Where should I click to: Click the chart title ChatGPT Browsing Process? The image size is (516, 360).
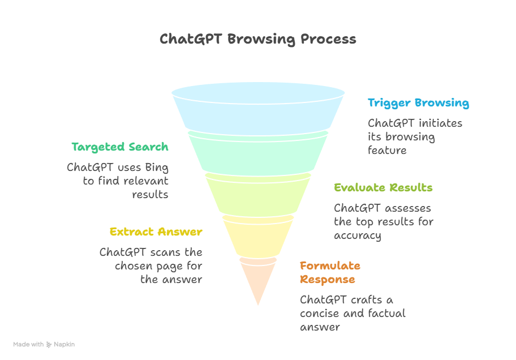point(258,39)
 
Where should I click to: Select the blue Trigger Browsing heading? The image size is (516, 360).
point(418,103)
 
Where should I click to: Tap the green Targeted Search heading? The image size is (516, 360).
point(120,147)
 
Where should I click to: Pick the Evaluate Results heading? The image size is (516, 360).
point(383,188)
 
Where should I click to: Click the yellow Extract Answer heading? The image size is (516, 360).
point(156,232)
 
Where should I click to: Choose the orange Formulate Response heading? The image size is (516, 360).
point(330,273)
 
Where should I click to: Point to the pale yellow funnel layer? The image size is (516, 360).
point(258,237)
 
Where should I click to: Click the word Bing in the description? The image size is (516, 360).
point(157,168)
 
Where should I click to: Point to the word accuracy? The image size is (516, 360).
point(358,235)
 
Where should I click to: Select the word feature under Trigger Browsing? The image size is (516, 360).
point(387,151)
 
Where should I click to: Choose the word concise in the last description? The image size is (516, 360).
point(320,314)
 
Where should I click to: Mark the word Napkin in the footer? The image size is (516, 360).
point(64,344)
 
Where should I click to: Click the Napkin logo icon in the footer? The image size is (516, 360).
point(49,344)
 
